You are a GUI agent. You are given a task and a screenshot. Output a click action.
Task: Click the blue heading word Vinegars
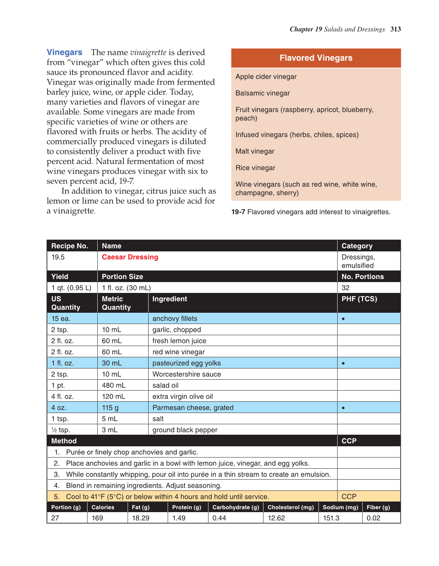click(x=64, y=52)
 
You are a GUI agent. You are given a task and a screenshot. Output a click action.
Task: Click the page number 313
click(x=396, y=29)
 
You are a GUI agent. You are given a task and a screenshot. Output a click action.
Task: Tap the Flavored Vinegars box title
click(x=316, y=58)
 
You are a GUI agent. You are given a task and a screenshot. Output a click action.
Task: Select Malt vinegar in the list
click(x=255, y=151)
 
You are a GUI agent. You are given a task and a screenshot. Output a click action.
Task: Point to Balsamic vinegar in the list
click(x=263, y=93)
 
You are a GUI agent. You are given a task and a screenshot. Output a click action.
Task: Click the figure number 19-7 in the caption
click(x=238, y=212)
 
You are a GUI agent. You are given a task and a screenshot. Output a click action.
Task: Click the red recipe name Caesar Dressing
click(x=130, y=257)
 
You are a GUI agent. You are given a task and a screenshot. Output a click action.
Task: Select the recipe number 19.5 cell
click(x=58, y=257)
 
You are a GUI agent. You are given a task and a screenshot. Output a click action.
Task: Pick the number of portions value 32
click(x=345, y=288)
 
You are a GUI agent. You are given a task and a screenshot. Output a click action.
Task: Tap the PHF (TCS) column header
click(x=359, y=299)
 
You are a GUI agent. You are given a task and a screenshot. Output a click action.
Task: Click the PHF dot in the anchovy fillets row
click(x=343, y=319)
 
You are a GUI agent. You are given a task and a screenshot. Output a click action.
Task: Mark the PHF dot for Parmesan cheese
click(x=343, y=408)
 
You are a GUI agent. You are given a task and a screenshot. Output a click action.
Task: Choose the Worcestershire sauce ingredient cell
click(x=187, y=374)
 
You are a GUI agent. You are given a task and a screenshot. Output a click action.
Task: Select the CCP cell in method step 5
click(x=349, y=496)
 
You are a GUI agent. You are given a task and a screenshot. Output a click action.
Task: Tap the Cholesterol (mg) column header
click(x=291, y=507)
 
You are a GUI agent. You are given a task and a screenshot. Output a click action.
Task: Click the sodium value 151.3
click(x=331, y=518)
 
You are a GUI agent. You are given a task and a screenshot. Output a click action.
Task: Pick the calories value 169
click(x=97, y=518)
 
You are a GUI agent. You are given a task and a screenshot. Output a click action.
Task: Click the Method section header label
click(x=64, y=441)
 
